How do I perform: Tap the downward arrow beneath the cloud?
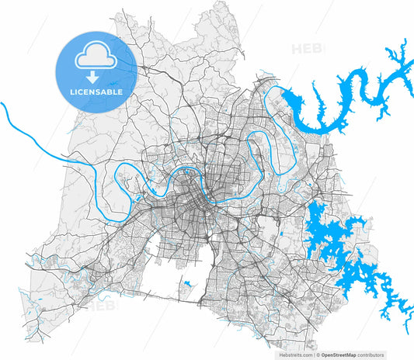pyautogui.click(x=92, y=77)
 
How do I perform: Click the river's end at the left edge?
pyautogui.click(x=3, y=103)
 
